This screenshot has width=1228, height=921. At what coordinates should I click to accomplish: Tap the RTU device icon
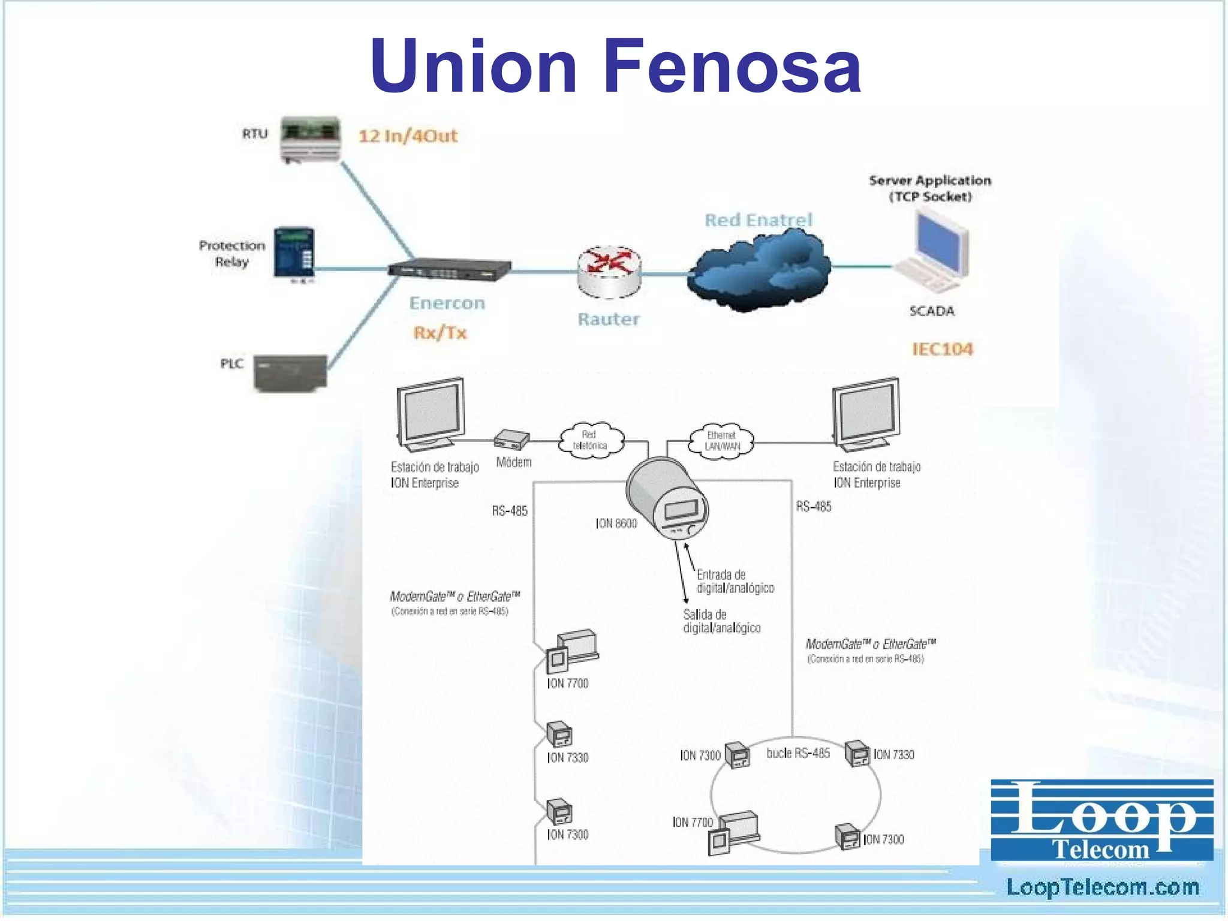311,139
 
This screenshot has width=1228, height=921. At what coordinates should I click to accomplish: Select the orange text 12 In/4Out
408,136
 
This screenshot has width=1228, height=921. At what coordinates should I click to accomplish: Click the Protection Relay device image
294,252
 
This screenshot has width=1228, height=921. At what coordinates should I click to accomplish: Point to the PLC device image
291,372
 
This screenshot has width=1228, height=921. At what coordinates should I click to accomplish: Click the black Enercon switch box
450,269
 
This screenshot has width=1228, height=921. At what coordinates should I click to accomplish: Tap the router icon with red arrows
609,271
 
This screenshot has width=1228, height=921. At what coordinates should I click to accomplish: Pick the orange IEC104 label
943,349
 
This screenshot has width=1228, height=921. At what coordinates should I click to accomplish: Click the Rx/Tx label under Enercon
440,333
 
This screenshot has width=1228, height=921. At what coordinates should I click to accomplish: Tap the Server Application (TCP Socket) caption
930,188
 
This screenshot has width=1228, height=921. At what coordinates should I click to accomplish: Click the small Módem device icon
511,440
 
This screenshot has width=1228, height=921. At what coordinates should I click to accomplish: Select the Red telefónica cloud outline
591,441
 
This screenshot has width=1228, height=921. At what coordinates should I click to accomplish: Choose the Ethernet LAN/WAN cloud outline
722,441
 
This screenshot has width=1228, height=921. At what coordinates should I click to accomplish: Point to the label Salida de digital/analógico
721,621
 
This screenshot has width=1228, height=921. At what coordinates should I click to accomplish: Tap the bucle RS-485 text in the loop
798,753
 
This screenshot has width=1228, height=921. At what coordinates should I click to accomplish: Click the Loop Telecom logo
1101,820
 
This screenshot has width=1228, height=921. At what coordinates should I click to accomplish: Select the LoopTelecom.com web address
1102,887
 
